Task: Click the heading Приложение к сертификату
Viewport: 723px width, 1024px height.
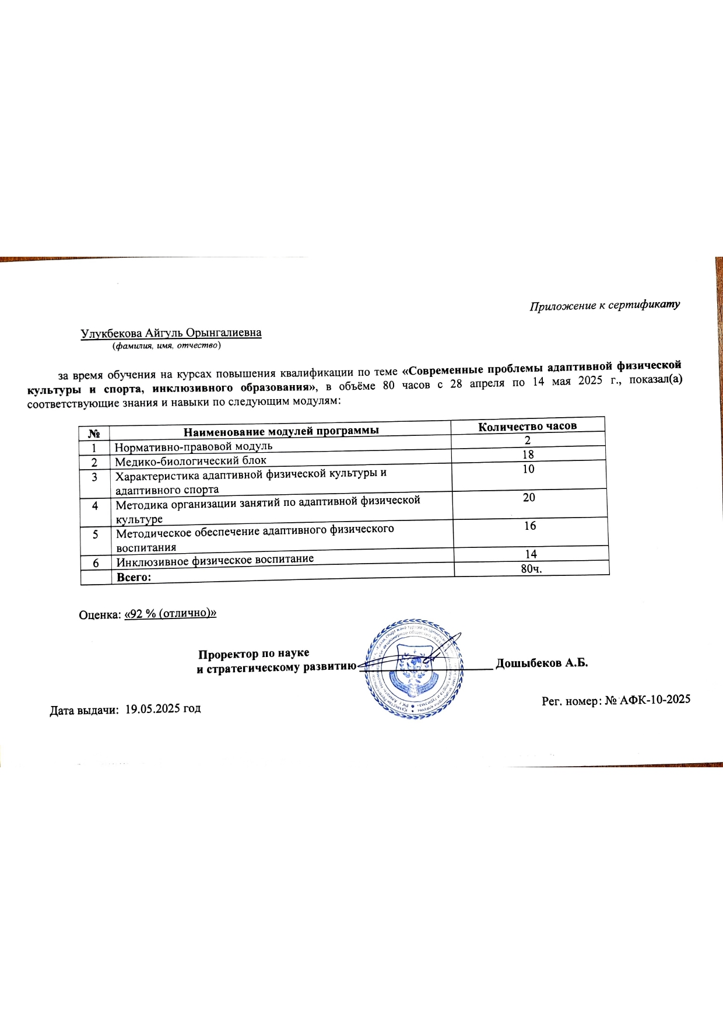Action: tap(605, 305)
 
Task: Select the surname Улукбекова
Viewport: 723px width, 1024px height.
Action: tap(111, 333)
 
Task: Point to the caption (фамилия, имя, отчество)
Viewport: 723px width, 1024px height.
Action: tap(166, 345)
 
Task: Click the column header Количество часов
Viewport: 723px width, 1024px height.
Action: tap(527, 427)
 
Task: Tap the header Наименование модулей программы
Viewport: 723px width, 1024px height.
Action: tap(281, 431)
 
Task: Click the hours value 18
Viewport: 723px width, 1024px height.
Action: tap(528, 455)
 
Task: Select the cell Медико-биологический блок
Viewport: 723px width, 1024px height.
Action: tap(191, 461)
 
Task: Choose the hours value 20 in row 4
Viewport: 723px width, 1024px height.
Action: tap(529, 498)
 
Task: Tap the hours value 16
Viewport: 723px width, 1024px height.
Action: tap(529, 526)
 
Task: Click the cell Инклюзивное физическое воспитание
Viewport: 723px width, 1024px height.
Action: tap(215, 561)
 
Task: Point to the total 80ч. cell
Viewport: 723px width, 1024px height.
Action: tap(531, 568)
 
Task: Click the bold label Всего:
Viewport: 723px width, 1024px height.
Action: tap(134, 577)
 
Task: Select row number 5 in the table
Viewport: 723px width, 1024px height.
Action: tap(96, 534)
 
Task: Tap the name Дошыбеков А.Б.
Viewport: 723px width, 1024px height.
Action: tap(542, 663)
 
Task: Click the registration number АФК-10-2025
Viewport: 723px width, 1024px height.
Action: tap(655, 700)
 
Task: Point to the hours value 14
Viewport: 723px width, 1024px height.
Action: tap(531, 554)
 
